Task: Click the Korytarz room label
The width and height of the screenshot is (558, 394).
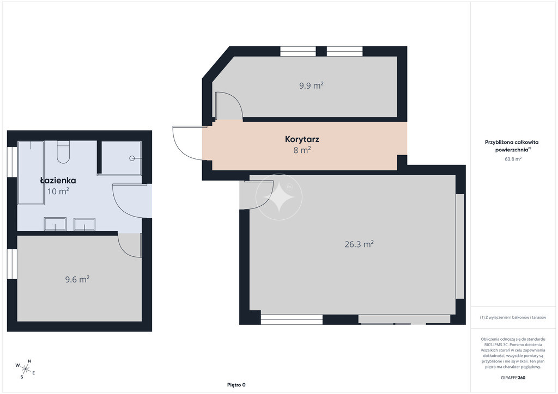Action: [x=302, y=139]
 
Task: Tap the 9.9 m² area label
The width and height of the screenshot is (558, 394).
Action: [x=311, y=85]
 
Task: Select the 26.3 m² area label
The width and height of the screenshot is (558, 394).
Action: [x=359, y=244]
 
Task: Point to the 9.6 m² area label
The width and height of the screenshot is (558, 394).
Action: [x=77, y=279]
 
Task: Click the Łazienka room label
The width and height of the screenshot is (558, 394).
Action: [x=58, y=180]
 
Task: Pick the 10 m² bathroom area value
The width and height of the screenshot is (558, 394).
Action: [x=58, y=191]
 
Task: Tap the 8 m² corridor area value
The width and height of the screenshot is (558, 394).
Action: [x=302, y=150]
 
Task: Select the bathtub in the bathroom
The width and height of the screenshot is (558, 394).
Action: [x=31, y=173]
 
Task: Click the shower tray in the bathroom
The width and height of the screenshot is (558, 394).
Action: [x=121, y=158]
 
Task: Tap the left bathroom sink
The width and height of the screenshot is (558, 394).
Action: [x=55, y=224]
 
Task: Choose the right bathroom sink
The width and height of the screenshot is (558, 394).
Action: [x=84, y=224]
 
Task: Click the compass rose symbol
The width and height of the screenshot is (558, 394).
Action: [x=25, y=369]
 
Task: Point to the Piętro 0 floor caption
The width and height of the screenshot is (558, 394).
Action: [x=236, y=385]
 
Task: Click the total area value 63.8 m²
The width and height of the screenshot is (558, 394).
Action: [x=513, y=159]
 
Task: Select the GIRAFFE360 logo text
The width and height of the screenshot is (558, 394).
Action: [x=513, y=378]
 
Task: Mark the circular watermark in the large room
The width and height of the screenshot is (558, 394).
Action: [x=279, y=197]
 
